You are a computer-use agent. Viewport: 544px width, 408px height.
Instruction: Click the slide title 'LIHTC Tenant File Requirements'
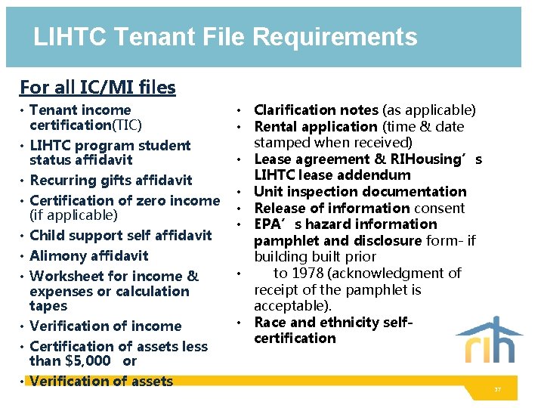(x=225, y=37)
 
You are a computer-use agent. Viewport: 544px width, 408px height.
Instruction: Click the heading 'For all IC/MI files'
(x=97, y=88)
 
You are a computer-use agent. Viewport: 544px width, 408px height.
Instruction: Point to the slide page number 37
(x=498, y=390)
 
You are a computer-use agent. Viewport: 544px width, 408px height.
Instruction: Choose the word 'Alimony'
(x=58, y=256)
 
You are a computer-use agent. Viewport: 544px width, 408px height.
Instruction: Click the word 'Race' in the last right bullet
(x=270, y=323)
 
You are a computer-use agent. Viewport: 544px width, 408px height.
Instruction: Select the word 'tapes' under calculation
(x=48, y=306)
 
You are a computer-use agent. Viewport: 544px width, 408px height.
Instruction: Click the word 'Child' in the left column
(x=47, y=236)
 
